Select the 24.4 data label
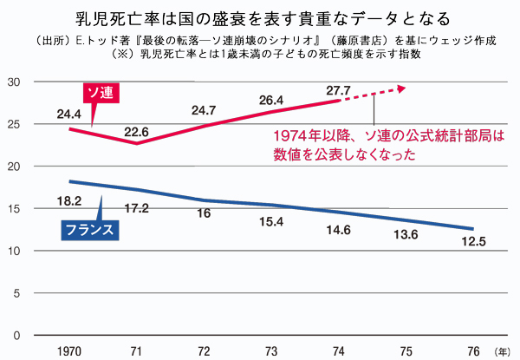tap(69, 113)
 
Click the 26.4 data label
tap(270, 100)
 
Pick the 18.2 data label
tap(69, 200)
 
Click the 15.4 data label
tap(270, 224)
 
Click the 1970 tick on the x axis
tap(69, 350)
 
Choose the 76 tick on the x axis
tap(472, 350)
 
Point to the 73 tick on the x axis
tap(270, 350)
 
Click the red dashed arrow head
tap(401, 87)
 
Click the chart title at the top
tap(260, 16)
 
